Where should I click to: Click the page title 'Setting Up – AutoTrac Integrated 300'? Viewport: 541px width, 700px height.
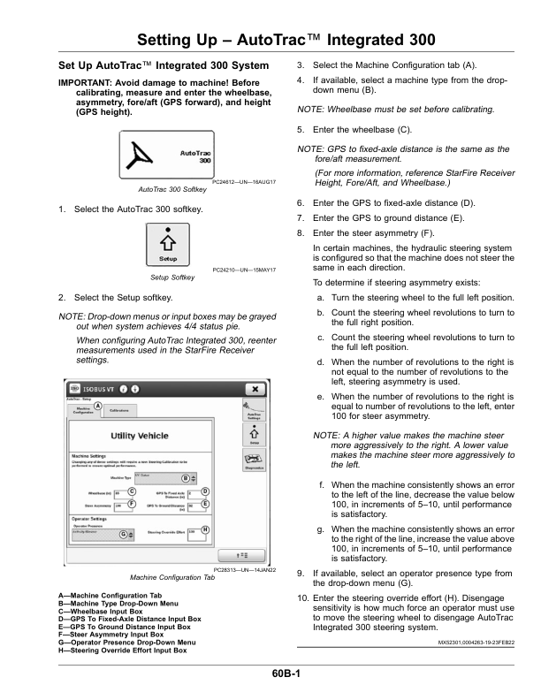270,40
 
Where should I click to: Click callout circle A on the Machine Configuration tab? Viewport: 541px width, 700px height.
97,407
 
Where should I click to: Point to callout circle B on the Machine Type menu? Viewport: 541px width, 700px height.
186,477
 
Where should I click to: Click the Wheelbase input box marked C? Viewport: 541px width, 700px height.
121,492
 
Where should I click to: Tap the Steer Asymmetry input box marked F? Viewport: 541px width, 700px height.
121,505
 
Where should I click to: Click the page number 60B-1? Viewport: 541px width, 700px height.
270,674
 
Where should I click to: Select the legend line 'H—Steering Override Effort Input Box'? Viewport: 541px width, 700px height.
122,650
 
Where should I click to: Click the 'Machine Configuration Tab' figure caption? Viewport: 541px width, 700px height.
172,577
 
